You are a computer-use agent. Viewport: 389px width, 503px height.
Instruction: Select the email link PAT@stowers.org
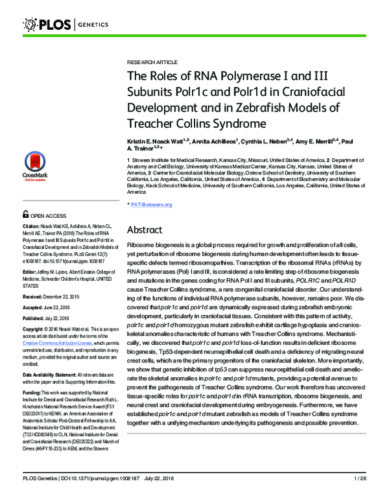click(152, 205)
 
